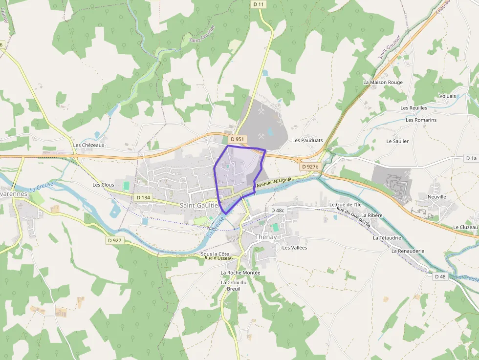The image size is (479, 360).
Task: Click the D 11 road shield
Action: coord(259,4)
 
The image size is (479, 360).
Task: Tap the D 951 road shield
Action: coord(237,139)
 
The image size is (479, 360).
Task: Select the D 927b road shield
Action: coord(310,167)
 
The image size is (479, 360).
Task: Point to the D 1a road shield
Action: coord(471,158)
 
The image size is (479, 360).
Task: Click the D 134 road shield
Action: coord(143,197)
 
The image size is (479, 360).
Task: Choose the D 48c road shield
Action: coord(277,210)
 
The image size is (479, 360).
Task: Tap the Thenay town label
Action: coord(266,237)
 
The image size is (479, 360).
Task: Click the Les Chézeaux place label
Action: coord(88,145)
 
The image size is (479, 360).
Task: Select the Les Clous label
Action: coord(103,185)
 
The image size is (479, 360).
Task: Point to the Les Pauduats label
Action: coord(307,140)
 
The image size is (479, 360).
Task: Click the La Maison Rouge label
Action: coord(383,82)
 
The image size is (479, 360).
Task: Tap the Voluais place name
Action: coord(447,96)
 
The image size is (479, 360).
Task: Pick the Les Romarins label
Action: coord(421,120)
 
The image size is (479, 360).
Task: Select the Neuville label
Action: coord(436,197)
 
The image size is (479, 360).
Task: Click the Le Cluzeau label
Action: coord(465,227)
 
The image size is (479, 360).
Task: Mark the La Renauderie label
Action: coord(408,251)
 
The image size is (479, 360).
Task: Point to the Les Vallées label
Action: coord(294,248)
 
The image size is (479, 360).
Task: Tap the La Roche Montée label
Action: coord(240,273)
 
